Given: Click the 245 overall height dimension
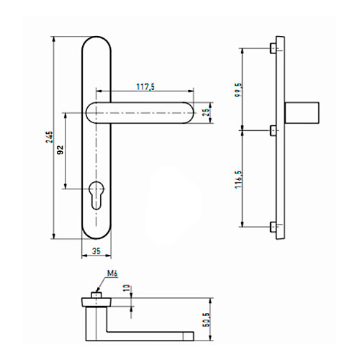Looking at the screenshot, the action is pyautogui.click(x=49, y=137).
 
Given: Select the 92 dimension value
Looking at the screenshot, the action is pyautogui.click(x=60, y=150).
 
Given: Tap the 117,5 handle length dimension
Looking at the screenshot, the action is pyautogui.click(x=145, y=87).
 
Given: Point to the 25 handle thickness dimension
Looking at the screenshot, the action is pyautogui.click(x=206, y=112).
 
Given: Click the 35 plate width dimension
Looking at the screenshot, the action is pyautogui.click(x=96, y=251).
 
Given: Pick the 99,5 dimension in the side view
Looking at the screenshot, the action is pyautogui.click(x=239, y=90).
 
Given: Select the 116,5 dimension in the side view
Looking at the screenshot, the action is pyautogui.click(x=239, y=179).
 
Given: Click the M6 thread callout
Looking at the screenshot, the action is pyautogui.click(x=112, y=274).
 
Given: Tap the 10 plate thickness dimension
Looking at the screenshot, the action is pyautogui.click(x=127, y=288).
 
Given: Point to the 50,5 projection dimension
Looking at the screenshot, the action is pyautogui.click(x=206, y=320).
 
